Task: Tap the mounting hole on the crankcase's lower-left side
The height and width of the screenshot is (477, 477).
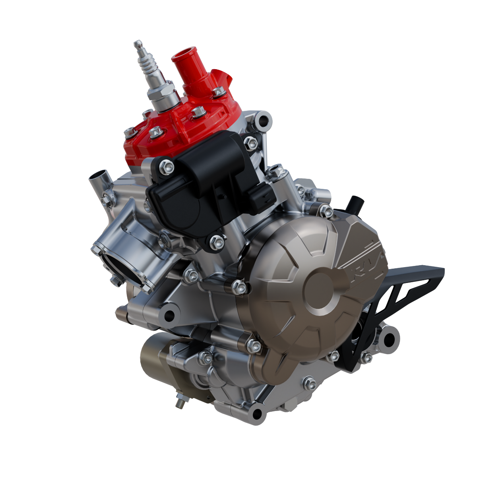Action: pyautogui.click(x=169, y=316)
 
